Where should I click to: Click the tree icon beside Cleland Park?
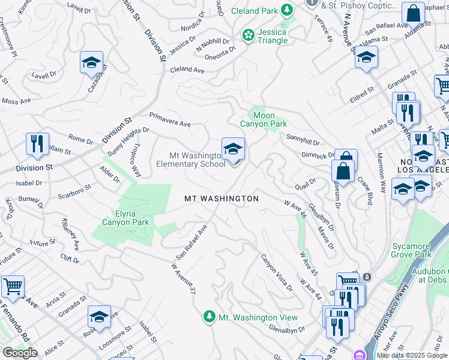(287, 10)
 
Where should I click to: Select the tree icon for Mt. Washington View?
(209, 317)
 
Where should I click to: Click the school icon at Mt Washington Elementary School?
(233, 148)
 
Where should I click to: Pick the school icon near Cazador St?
(92, 62)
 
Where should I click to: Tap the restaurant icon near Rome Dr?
(37, 143)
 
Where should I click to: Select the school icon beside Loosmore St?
(99, 316)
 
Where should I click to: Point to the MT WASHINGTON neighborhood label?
(221, 199)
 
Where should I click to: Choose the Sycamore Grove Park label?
(411, 250)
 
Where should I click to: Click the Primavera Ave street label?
(170, 119)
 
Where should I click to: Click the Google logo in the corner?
(20, 353)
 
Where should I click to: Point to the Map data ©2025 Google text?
(412, 355)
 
